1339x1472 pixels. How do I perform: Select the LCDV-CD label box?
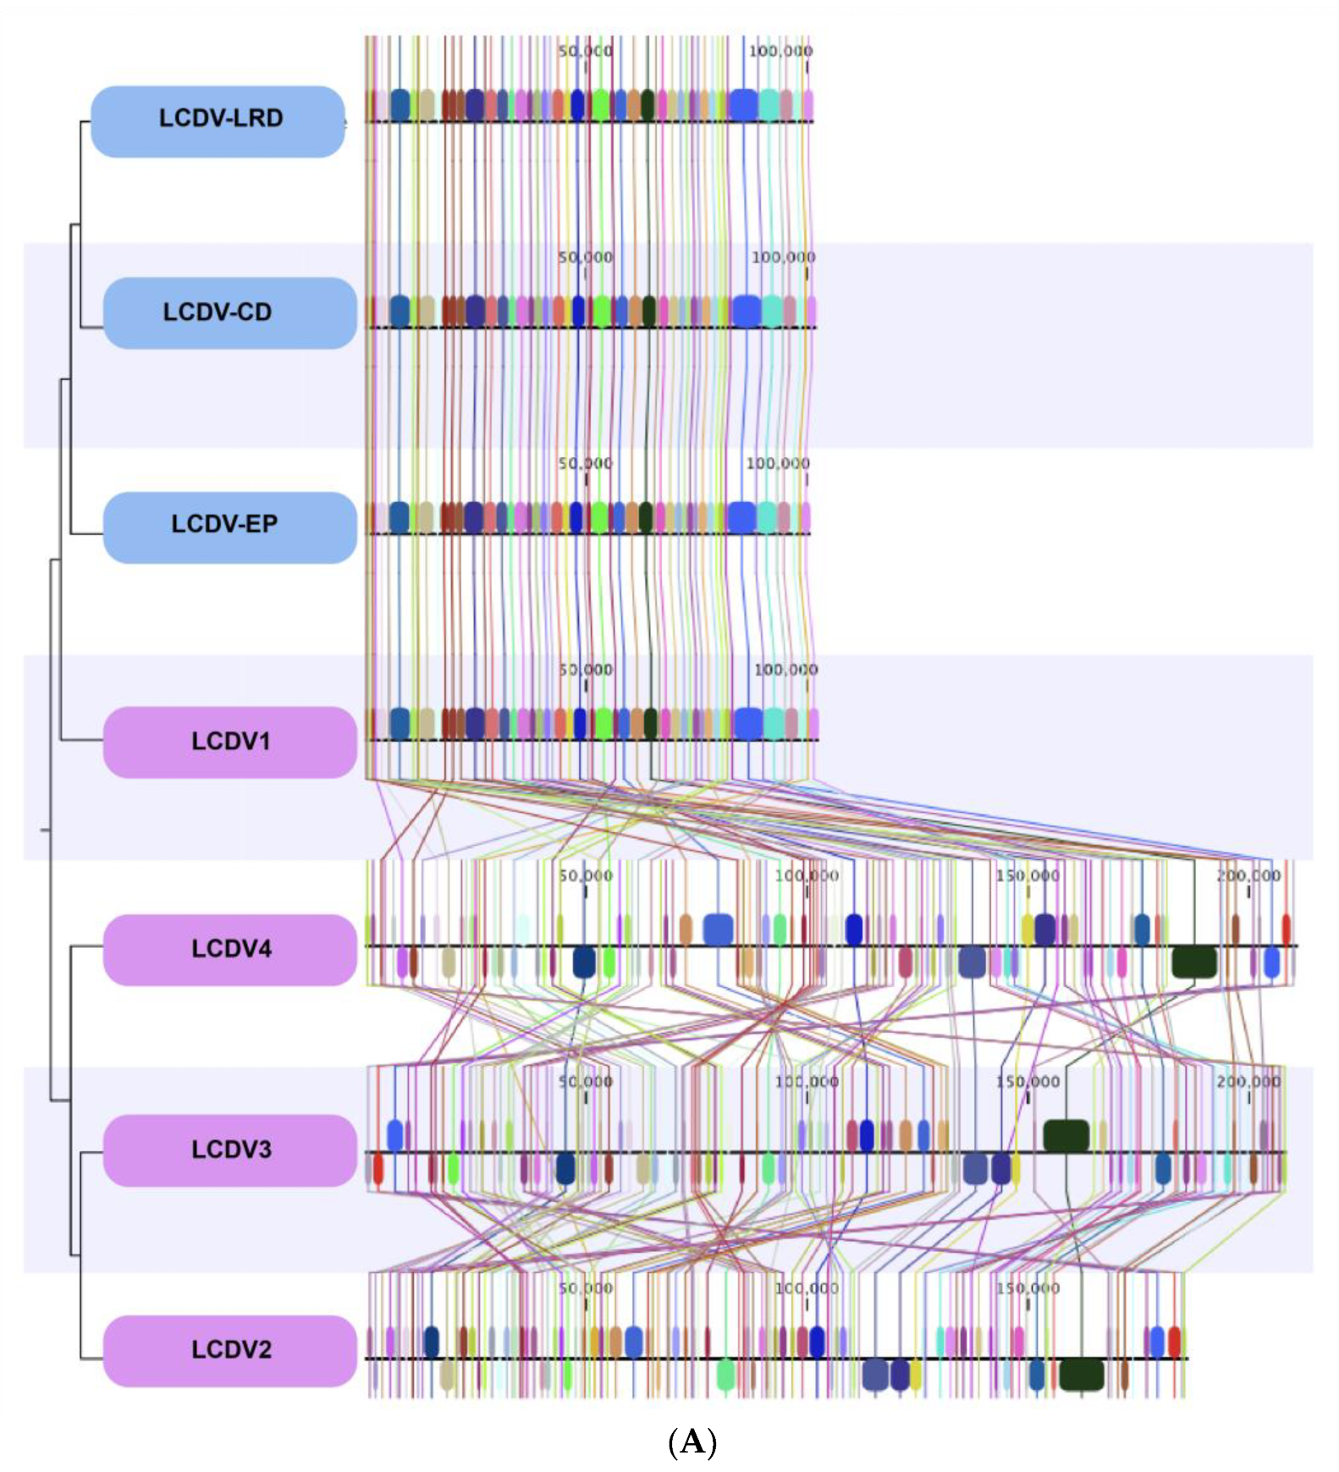pos(229,312)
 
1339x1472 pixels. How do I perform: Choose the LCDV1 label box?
pos(229,742)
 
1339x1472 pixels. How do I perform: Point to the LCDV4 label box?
pos(229,949)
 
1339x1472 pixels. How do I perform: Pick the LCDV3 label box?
pos(229,1149)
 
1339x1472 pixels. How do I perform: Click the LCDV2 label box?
pos(229,1349)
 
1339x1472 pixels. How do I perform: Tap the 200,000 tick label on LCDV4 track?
pos(1248,875)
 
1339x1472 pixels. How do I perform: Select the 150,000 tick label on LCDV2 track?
pos(1028,1288)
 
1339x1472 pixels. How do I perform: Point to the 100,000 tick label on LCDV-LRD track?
pos(780,51)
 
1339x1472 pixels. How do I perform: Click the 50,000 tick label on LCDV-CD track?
pos(585,256)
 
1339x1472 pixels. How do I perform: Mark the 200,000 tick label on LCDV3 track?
pos(1248,1082)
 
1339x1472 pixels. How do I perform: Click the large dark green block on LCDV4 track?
pos(1194,962)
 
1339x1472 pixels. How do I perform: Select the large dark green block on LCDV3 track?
pos(1066,1136)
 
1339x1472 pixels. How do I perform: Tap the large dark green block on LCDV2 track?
pos(1082,1375)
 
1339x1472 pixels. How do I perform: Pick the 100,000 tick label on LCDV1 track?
pos(785,670)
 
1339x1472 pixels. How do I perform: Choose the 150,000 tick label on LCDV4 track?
pos(1028,875)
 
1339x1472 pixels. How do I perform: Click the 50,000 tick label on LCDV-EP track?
pos(585,463)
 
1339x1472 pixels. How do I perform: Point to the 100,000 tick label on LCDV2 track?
pos(807,1288)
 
